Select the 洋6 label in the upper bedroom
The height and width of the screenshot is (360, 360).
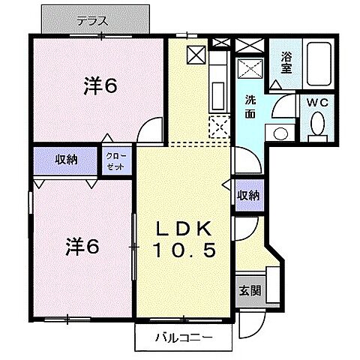(x=100, y=86)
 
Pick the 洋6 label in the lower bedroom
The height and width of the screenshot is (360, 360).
(x=82, y=244)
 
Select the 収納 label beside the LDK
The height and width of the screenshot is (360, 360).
(x=248, y=195)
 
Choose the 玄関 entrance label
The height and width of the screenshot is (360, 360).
(x=250, y=290)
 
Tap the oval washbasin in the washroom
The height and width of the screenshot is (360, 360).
(x=280, y=133)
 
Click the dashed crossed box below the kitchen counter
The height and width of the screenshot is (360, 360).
(x=219, y=127)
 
